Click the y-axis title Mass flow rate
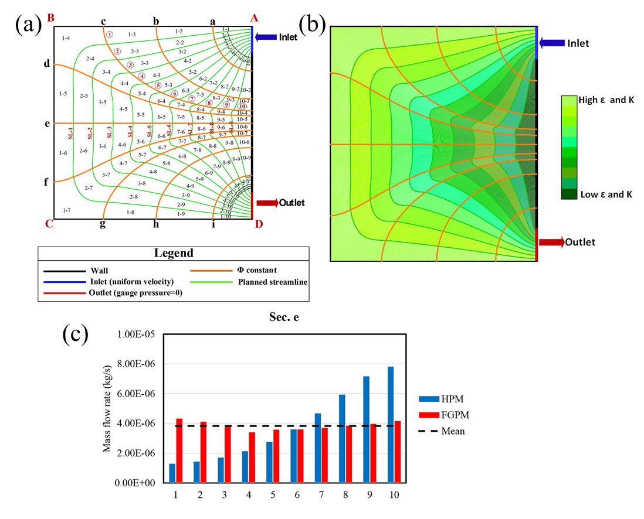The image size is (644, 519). click(108, 409)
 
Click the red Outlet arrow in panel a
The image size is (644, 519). click(267, 203)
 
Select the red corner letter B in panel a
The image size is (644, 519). click(50, 18)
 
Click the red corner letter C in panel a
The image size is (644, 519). click(49, 223)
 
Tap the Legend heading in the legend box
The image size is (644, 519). click(174, 254)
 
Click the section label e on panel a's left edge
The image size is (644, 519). click(47, 124)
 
